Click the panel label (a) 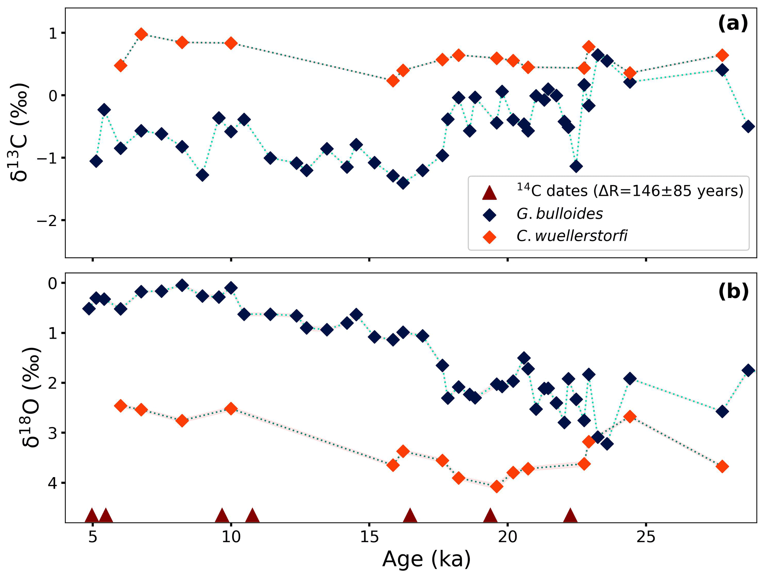733,24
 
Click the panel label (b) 733,291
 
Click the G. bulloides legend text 560,214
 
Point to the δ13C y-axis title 19,132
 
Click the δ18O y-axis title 30,397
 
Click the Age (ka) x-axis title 427,559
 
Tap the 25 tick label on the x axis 646,537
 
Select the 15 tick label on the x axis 369,537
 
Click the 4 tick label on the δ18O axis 52,483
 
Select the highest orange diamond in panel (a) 141,34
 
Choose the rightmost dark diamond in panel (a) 748,127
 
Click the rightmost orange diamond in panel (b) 722,466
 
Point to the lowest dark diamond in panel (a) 403,183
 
